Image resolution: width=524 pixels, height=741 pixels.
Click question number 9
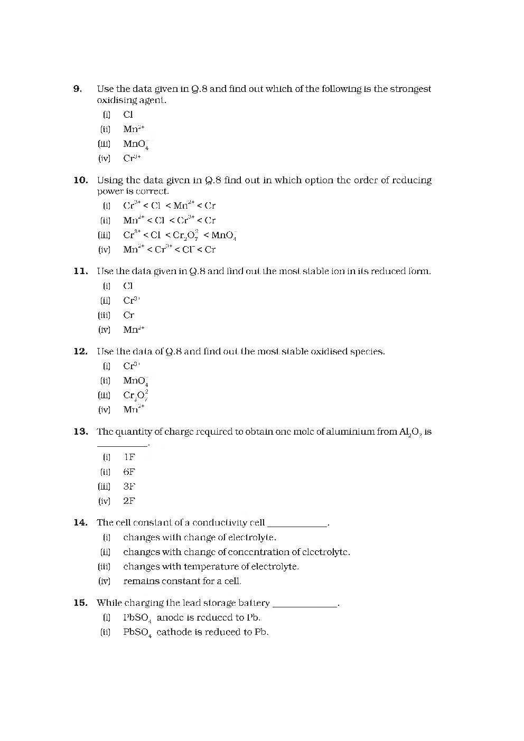pos(78,89)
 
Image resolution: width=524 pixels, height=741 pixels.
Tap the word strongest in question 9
pos(410,89)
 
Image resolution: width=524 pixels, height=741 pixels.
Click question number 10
pos(80,180)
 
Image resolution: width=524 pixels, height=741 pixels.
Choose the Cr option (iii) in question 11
pos(128,315)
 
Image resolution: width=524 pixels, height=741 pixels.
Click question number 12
pos(80,352)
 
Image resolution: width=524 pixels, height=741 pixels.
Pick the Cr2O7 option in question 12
pos(136,396)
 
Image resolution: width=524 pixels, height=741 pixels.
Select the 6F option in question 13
pos(129,472)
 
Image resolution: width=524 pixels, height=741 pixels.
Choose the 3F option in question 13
pos(129,486)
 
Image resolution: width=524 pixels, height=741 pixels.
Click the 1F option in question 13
pos(129,457)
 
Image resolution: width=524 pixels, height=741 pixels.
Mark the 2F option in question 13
pos(129,501)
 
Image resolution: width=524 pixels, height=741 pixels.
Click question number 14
pos(80,523)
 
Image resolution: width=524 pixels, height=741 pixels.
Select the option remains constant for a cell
pos(182,581)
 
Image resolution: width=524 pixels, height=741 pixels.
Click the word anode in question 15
pos(170,617)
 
